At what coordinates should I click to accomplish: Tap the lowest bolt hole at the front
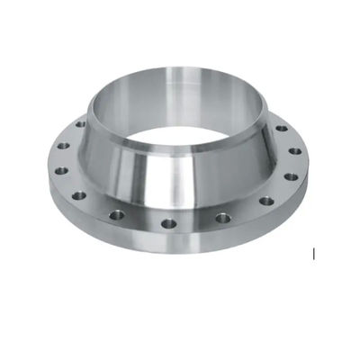166,223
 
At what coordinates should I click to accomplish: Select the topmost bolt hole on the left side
80,123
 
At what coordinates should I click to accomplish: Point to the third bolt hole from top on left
61,169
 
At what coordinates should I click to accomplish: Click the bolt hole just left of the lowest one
118,214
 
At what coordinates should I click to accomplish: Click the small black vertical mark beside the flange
313,254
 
